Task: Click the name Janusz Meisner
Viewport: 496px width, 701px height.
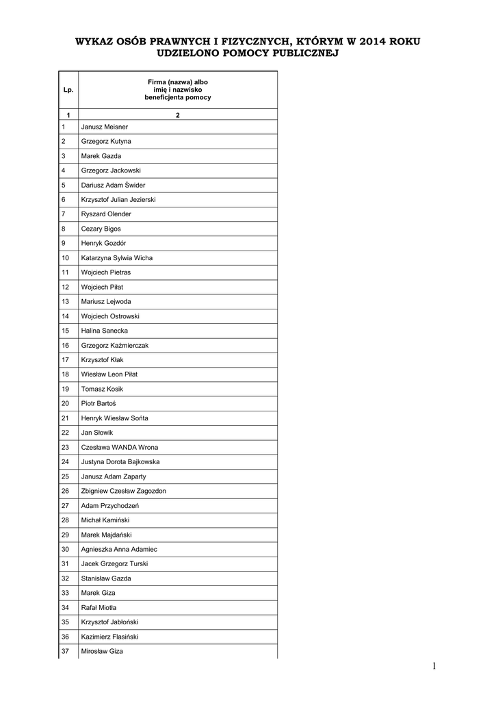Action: click(104, 127)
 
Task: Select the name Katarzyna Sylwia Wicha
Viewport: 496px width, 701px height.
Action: click(116, 258)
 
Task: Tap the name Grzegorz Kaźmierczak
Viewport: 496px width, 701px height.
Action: click(114, 345)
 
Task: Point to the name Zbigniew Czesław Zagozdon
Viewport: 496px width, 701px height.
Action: click(123, 491)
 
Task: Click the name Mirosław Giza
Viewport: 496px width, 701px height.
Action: click(102, 651)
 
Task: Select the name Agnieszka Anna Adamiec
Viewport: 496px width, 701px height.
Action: click(119, 549)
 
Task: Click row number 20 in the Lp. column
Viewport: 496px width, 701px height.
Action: click(66, 403)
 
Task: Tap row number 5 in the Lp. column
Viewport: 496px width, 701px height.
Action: click(64, 185)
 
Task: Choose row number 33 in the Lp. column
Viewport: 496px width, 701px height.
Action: click(66, 593)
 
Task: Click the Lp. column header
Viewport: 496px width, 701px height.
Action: click(68, 90)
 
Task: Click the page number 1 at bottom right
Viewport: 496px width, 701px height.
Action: click(433, 666)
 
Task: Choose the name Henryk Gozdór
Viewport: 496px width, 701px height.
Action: click(104, 243)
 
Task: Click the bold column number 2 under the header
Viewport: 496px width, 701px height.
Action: click(177, 114)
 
